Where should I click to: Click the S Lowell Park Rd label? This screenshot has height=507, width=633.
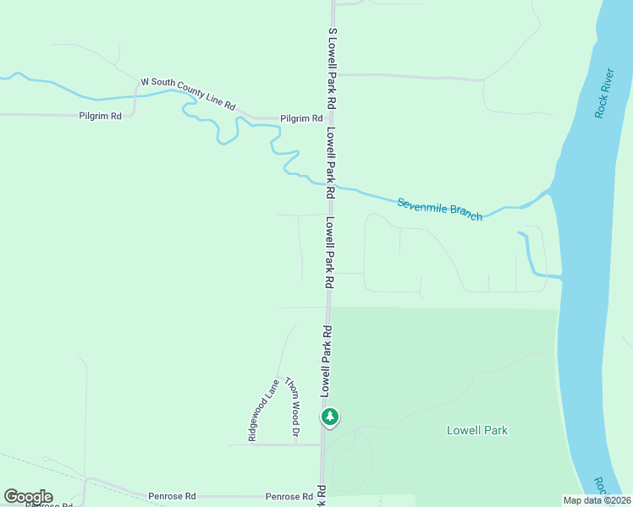click(x=333, y=66)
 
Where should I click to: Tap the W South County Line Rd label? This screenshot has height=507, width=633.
click(x=187, y=93)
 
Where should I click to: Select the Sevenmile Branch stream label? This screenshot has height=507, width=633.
click(x=439, y=209)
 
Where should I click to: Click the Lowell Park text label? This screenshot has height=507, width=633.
click(x=477, y=430)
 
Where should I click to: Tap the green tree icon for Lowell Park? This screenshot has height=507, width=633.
click(x=330, y=417)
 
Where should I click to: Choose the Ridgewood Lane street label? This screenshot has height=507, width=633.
click(x=262, y=409)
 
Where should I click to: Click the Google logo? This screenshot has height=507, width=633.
click(x=28, y=497)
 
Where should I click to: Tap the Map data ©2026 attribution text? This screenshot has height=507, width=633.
click(x=596, y=500)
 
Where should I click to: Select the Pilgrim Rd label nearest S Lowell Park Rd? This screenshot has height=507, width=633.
click(x=302, y=118)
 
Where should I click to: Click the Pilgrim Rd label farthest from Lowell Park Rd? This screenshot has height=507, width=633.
click(x=100, y=115)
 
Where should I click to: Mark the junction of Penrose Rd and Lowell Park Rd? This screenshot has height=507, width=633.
click(x=322, y=496)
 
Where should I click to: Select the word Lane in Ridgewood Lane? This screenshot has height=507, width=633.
click(x=272, y=389)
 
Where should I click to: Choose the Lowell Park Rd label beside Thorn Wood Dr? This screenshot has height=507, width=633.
click(x=325, y=358)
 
